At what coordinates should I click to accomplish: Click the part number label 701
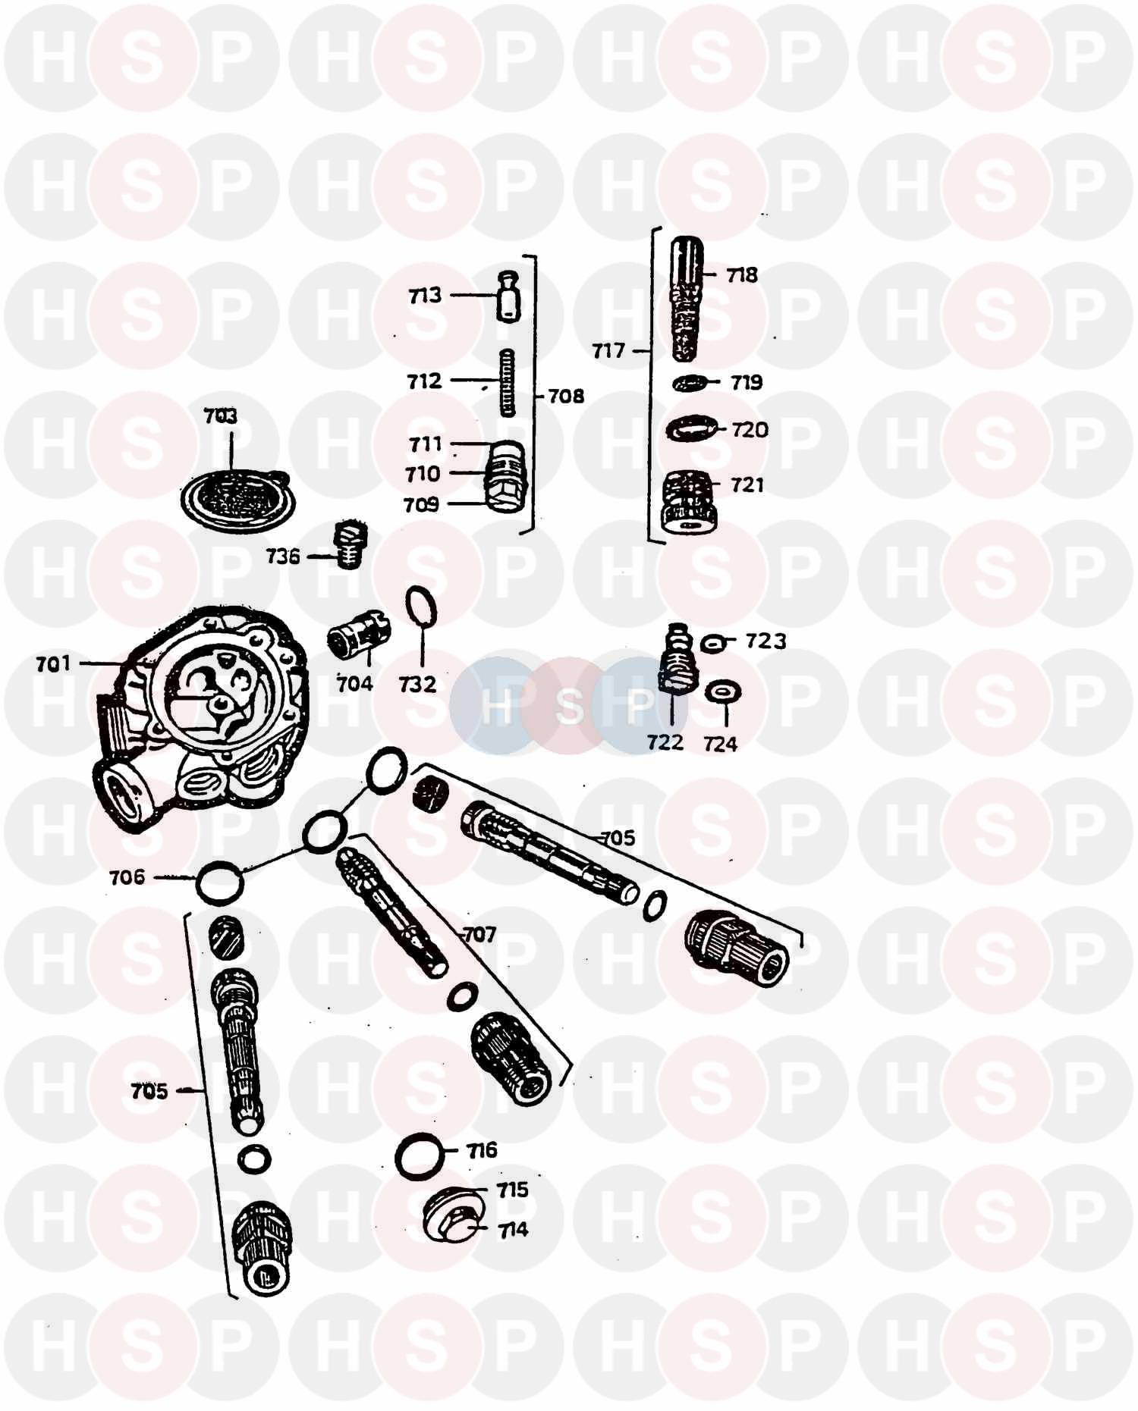coord(53,664)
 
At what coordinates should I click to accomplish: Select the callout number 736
coord(283,557)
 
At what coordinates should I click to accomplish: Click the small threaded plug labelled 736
coord(350,544)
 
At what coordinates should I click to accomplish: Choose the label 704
coord(354,684)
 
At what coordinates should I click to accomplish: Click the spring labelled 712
coord(507,382)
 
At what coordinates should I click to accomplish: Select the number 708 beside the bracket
coord(566,396)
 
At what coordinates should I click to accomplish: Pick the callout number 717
coord(608,351)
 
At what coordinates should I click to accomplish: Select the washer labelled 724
coord(723,692)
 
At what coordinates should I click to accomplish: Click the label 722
coord(665,742)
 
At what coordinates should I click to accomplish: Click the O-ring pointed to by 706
coord(220,882)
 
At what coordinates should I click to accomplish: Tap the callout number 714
coord(513,1230)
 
